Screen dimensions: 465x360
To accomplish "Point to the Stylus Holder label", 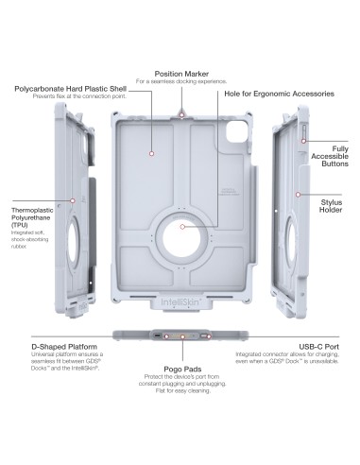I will (331, 202).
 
